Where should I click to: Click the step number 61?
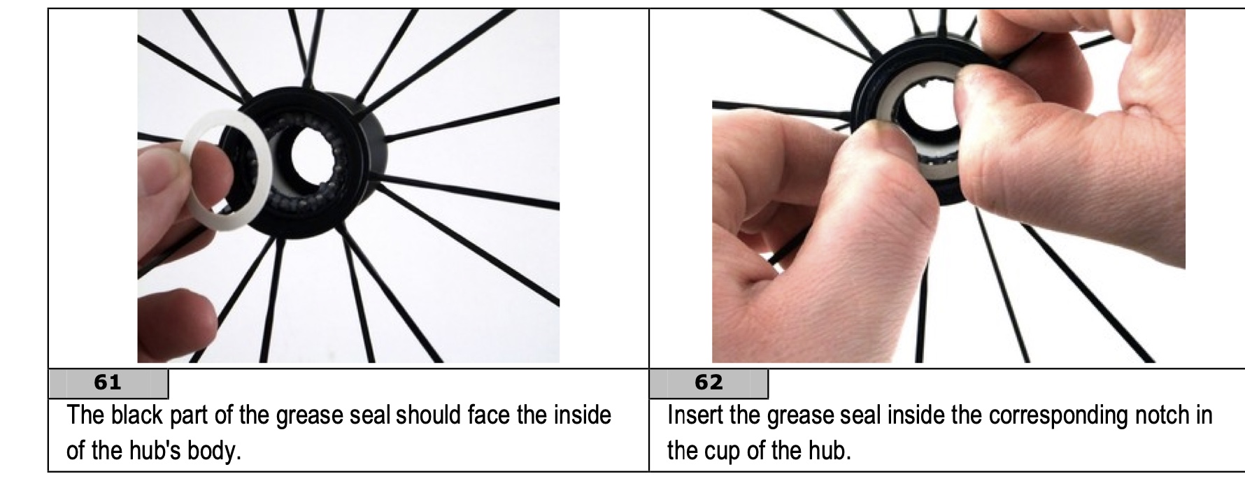click(x=107, y=382)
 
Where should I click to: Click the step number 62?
click(x=708, y=382)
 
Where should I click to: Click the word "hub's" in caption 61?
click(x=154, y=450)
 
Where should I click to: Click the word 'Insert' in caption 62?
click(x=695, y=415)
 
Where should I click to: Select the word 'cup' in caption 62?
click(x=723, y=450)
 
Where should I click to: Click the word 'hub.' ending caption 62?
click(x=830, y=450)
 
